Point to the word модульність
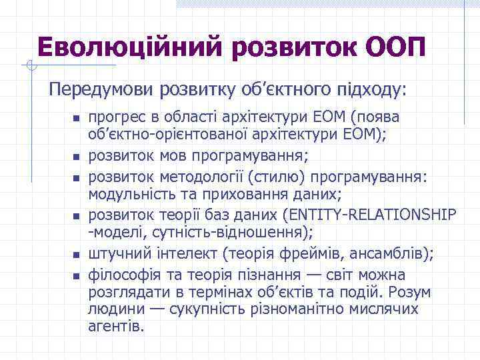click(x=124, y=194)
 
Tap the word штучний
click(x=111, y=254)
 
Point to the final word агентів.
click(x=116, y=326)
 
